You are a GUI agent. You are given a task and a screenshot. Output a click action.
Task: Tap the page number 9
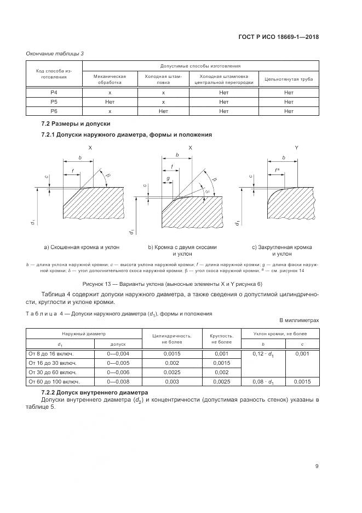317,466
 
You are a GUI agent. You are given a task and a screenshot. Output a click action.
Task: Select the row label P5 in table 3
54,102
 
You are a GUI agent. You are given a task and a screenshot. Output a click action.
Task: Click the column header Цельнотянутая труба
289,79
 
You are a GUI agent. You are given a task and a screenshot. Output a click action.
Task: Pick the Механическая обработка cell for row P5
110,102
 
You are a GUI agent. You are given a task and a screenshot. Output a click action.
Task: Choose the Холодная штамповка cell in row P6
163,111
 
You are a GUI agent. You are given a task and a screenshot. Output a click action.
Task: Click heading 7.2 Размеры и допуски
76,125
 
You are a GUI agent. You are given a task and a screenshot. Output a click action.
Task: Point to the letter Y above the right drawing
296,148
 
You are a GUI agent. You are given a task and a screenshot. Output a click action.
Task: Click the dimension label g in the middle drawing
168,178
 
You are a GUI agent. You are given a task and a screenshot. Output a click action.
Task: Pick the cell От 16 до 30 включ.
53,363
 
